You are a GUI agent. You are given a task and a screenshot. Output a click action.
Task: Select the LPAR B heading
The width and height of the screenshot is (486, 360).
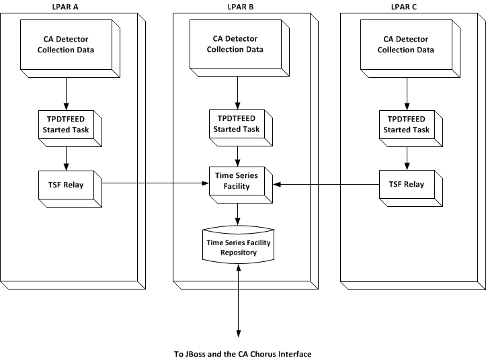point(239,6)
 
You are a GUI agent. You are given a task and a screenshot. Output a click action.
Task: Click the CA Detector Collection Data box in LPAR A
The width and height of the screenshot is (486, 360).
point(65,44)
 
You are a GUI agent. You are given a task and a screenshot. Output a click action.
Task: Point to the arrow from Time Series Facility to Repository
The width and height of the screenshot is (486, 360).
point(239,214)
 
